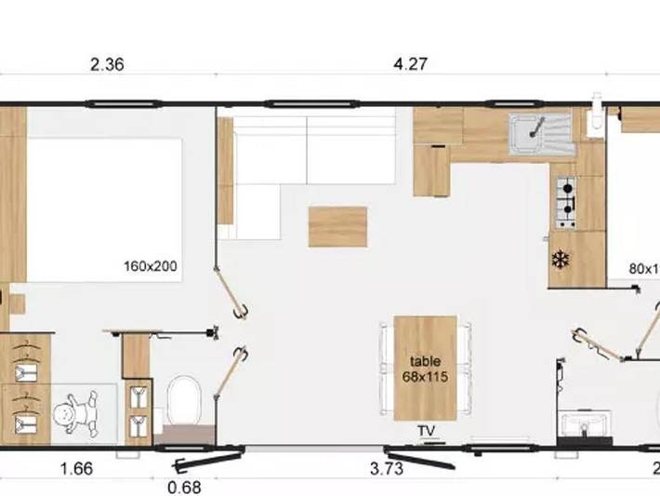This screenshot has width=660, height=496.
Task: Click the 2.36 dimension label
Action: pos(108,65)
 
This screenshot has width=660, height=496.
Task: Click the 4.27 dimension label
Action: pos(411,65)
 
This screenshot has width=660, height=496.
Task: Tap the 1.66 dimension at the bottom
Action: pos(76,469)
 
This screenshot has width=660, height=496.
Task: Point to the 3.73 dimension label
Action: pos(386,469)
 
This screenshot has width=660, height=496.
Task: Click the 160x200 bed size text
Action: pos(151,266)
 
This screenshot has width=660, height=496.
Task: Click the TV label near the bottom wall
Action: pos(426,431)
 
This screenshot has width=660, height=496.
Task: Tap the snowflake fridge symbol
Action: pos(560,260)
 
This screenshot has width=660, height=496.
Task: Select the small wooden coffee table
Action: pos(337,227)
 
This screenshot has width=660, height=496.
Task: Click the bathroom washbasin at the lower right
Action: pos(585,424)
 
